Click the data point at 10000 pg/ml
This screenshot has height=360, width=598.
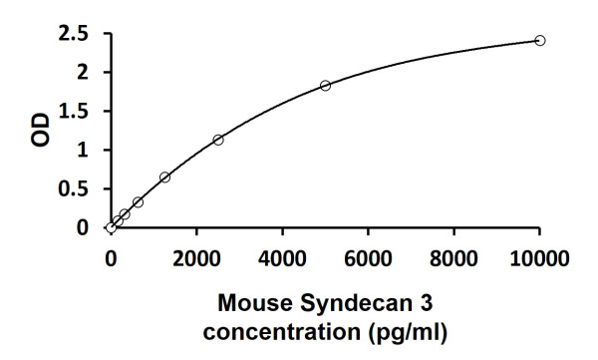coord(540,40)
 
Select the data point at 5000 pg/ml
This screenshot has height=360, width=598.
coord(326,86)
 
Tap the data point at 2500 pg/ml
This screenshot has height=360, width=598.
coord(218,140)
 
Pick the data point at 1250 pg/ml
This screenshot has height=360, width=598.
coord(164,178)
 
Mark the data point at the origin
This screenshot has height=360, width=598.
coord(112,227)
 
